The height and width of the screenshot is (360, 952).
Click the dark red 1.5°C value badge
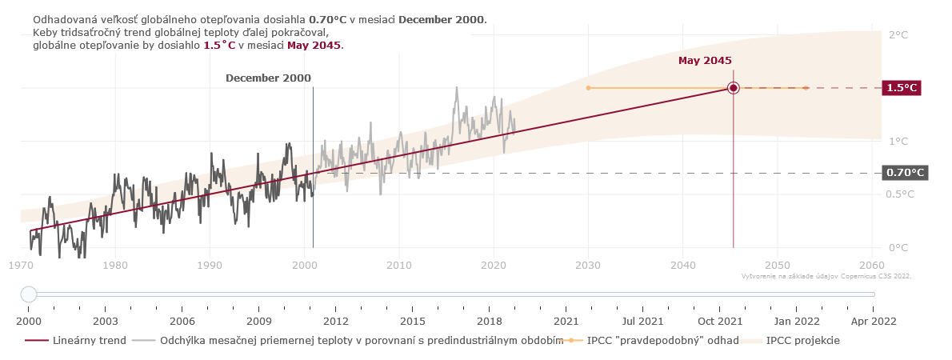tap(901, 88)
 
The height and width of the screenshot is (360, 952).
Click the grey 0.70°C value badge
tap(904, 173)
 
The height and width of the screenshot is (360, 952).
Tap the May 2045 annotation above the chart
tap(705, 61)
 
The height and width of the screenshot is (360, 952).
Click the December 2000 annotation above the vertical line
tap(268, 78)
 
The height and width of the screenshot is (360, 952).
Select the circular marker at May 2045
tap(734, 88)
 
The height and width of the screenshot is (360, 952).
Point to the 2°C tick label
tap(898, 35)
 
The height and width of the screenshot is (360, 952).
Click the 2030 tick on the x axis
tap(588, 265)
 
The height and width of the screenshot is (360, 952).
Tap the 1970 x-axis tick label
tap(21, 265)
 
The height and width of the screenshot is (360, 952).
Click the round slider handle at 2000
tap(29, 294)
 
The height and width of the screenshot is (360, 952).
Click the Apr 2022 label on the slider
tap(873, 321)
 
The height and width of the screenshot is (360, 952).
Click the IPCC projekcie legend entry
tap(802, 341)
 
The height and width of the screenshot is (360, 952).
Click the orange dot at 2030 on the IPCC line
tap(588, 88)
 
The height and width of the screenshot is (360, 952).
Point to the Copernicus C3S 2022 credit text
tap(826, 276)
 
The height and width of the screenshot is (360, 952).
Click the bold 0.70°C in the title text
tap(327, 19)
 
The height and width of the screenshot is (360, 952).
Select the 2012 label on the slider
tap(335, 321)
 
